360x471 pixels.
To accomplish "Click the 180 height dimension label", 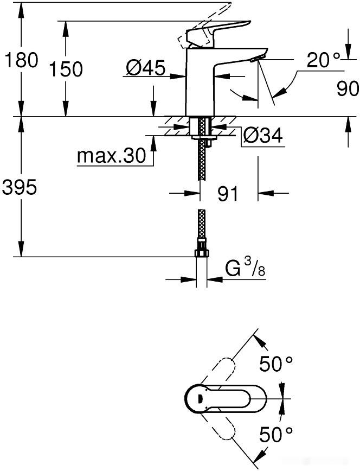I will pos(20,60).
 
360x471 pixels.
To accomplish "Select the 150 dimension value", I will pos(66,69).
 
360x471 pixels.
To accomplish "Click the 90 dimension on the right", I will pos(347,89).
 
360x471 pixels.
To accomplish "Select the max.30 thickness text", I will pos(112,156).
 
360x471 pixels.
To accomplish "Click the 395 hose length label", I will pos(20,188).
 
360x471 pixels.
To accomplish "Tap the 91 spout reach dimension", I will pos(228,194).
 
